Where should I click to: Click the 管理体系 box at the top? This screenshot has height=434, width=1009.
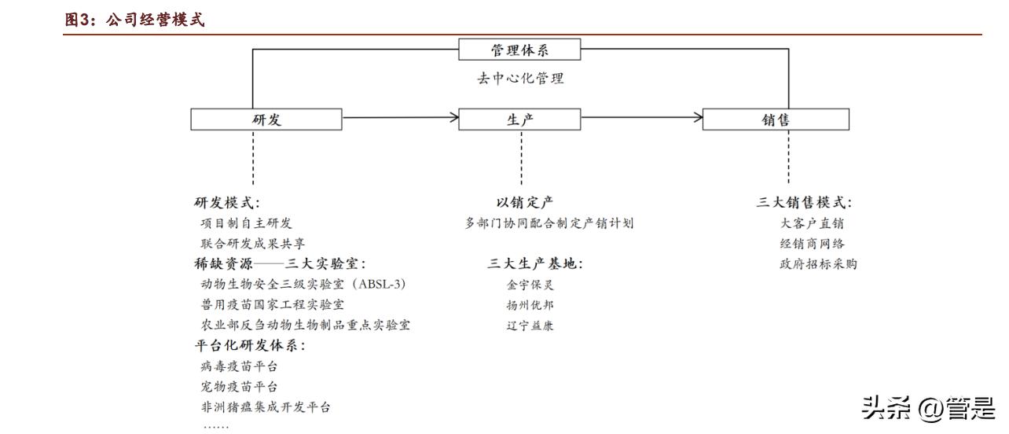pos(519,50)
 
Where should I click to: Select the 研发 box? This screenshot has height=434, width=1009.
pos(266,120)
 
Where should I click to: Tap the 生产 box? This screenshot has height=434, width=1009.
pos(519,120)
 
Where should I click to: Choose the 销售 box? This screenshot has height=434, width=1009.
pos(775,120)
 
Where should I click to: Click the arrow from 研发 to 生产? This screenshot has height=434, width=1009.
pos(401,118)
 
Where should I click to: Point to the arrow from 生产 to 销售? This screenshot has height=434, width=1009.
pos(642,118)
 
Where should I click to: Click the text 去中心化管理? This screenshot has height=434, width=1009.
pos(519,79)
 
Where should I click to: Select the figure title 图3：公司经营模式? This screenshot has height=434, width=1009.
pos(134,20)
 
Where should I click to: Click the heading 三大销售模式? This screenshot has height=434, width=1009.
pos(804,203)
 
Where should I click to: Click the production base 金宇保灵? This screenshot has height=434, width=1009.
pos(530,285)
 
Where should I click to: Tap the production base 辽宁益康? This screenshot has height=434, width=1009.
pos(530,325)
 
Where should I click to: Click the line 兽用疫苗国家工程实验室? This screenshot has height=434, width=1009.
pos(272,304)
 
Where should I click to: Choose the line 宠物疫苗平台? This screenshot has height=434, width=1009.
pos(239,387)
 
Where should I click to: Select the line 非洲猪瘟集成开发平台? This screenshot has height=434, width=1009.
pos(266,407)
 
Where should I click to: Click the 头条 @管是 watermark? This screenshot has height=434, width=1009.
pos(927,408)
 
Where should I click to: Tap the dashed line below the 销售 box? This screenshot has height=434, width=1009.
pos(788,157)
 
